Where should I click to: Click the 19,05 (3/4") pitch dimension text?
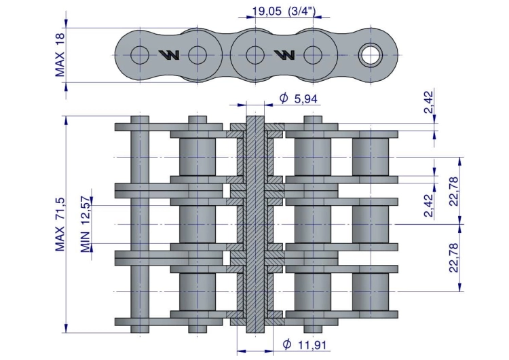pyautogui.click(x=284, y=11)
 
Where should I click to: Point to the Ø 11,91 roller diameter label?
pyautogui.click(x=305, y=344)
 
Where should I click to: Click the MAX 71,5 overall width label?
pyautogui.click(x=60, y=225)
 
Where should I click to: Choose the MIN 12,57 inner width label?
pyautogui.click(x=86, y=225)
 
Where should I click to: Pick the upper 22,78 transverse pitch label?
pyautogui.click(x=453, y=191)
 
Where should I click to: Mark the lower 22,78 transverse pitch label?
pyautogui.click(x=453, y=257)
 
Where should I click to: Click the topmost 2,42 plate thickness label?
pyautogui.click(x=428, y=102)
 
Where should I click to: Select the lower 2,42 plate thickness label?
pyautogui.click(x=428, y=205)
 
